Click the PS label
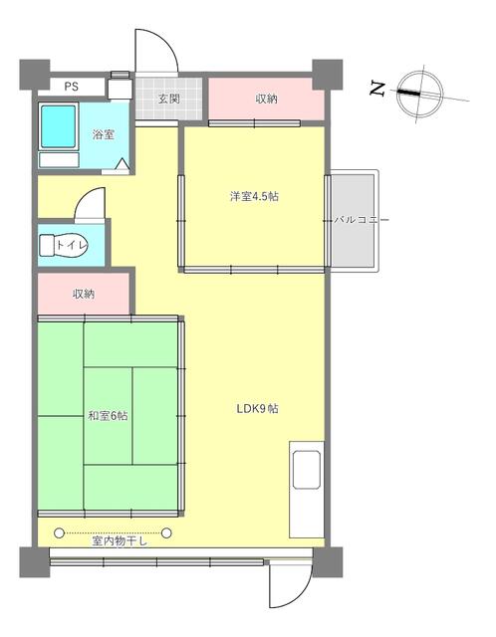point(71,87)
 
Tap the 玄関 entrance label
point(169,99)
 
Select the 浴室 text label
point(104,134)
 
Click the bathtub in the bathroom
point(59,127)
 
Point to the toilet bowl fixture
point(64,245)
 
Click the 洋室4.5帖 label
point(255,197)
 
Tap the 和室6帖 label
point(109,416)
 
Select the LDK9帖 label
point(258,409)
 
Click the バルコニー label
point(362,220)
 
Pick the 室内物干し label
point(120,541)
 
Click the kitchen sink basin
point(307,469)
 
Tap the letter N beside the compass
point(376,89)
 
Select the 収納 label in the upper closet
point(266,99)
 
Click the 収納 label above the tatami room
point(84,294)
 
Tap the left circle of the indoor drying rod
point(60,532)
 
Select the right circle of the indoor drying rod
point(166,532)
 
